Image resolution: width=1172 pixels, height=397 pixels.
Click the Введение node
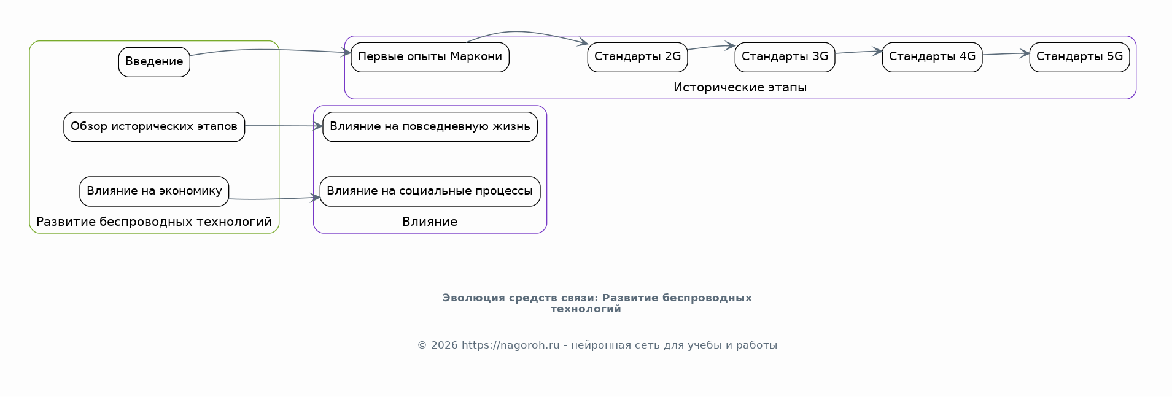pyautogui.click(x=154, y=62)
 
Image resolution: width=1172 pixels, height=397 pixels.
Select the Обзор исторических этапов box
pyautogui.click(x=154, y=127)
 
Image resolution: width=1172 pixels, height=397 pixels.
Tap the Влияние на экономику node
pyautogui.click(x=154, y=191)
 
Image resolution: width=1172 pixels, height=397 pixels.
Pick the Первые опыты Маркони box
pyautogui.click(x=430, y=57)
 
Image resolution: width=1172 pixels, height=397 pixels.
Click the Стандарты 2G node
pyautogui.click(x=637, y=57)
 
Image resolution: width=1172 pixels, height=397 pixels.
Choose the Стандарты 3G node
pyautogui.click(x=785, y=57)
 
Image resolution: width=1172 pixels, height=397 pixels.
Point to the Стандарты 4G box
pyautogui.click(x=932, y=57)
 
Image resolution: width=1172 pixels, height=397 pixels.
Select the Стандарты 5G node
pyautogui.click(x=1079, y=57)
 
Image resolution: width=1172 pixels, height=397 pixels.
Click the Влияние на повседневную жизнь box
pyautogui.click(x=430, y=127)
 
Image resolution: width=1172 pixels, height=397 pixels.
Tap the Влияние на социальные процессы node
pyautogui.click(x=430, y=191)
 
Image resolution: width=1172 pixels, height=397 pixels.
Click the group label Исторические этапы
pyautogui.click(x=740, y=88)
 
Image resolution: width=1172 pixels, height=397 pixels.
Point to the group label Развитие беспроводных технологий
pyautogui.click(x=154, y=222)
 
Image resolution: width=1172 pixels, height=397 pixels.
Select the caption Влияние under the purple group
pyautogui.click(x=430, y=222)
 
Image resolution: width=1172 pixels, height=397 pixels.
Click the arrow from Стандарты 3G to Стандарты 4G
pyautogui.click(x=858, y=52)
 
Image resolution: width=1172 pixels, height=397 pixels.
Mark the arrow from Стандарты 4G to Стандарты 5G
pyautogui.click(x=1006, y=54)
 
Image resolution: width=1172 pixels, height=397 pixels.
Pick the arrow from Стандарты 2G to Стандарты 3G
pyautogui.click(x=711, y=47)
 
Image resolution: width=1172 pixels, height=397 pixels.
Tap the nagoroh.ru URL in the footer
pyautogui.click(x=511, y=345)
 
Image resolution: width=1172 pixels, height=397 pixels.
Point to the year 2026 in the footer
pyautogui.click(x=444, y=345)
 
